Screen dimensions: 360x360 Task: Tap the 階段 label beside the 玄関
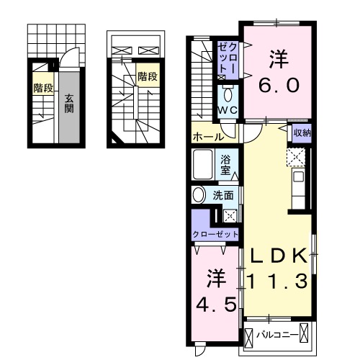click(x=42, y=89)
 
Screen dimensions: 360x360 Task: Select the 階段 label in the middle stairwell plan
click(x=148, y=76)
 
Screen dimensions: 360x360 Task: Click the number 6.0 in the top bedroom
click(x=275, y=84)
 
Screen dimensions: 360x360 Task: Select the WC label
click(x=228, y=109)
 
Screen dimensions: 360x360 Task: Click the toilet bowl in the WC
click(x=228, y=94)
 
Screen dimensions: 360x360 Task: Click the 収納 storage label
click(x=301, y=132)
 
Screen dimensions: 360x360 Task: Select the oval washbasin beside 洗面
click(x=198, y=194)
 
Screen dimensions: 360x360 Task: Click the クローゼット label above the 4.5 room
click(x=215, y=234)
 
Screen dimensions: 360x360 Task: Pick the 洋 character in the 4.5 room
click(x=214, y=276)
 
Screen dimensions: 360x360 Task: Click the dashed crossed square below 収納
click(x=295, y=156)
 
